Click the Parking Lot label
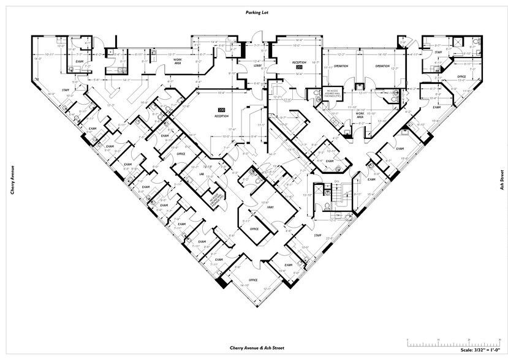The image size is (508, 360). [253, 12]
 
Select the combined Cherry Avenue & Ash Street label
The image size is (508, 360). [253, 348]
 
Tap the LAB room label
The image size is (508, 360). [200, 174]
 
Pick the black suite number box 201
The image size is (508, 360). [299, 67]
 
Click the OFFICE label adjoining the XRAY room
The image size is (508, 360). [254, 229]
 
